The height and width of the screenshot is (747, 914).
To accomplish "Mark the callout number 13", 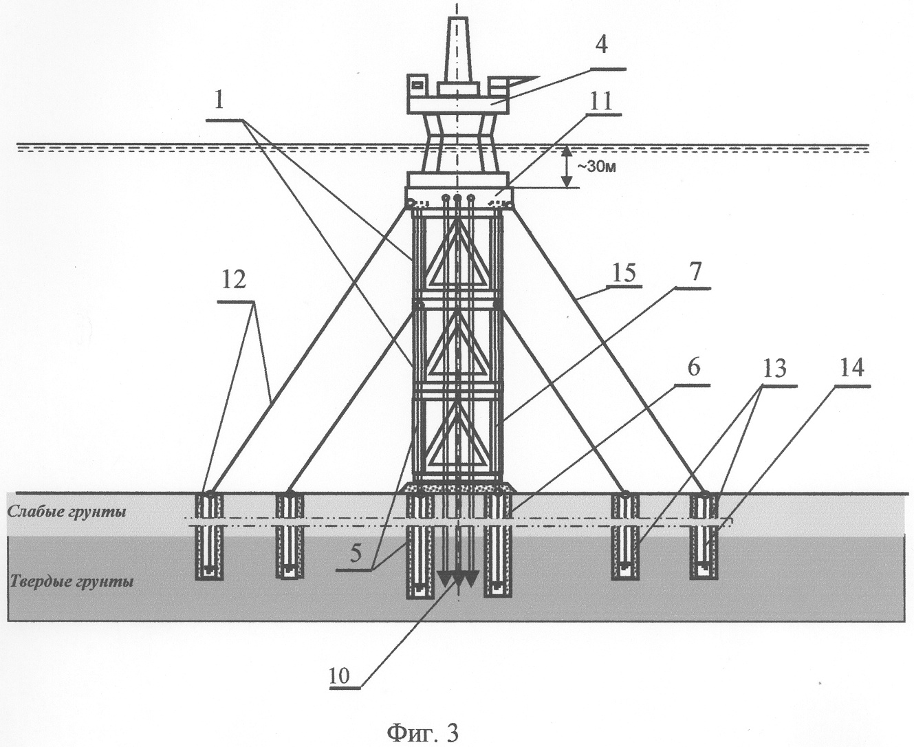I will [x=773, y=370].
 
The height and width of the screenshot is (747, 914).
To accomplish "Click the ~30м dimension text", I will [x=594, y=167].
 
